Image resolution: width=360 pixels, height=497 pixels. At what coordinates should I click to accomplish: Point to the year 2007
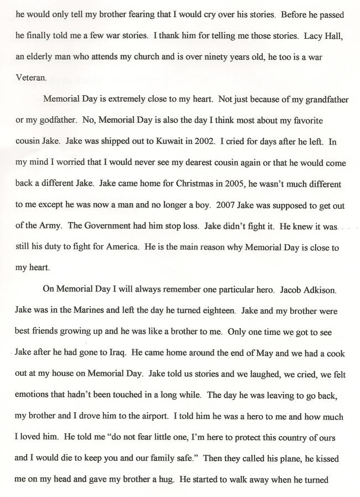pyautogui.click(x=231, y=205)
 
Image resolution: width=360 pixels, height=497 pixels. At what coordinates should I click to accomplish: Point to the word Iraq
pyautogui.click(x=118, y=353)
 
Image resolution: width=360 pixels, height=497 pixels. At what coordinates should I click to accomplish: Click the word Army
pyautogui.click(x=53, y=226)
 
